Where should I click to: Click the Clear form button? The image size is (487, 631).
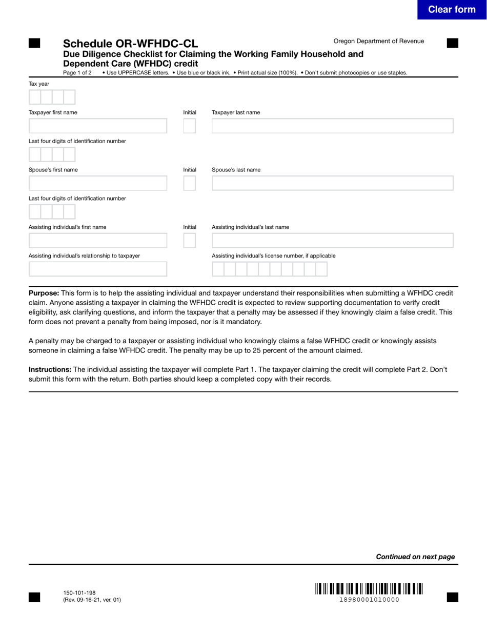pyautogui.click(x=451, y=10)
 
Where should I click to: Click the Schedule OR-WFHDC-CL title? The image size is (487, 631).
pyautogui.click(x=130, y=44)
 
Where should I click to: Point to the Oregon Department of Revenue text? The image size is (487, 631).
pyautogui.click(x=378, y=41)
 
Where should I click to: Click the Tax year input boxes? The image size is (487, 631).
pyautogui.click(x=52, y=97)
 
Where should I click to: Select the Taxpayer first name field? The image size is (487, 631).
pyautogui.click(x=97, y=126)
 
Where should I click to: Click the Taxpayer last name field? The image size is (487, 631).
pyautogui.click(x=332, y=126)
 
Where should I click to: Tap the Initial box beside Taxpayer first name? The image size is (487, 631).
pyautogui.click(x=189, y=126)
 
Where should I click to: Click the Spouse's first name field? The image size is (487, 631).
pyautogui.click(x=97, y=183)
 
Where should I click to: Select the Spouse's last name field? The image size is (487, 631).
pyautogui.click(x=332, y=183)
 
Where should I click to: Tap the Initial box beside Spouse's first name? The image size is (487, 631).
pyautogui.click(x=189, y=183)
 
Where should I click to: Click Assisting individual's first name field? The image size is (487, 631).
pyautogui.click(x=97, y=241)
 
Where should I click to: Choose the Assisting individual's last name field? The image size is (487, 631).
pyautogui.click(x=332, y=241)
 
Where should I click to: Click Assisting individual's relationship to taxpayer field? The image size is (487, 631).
pyautogui.click(x=97, y=269)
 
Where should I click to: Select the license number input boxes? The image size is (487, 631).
pyautogui.click(x=270, y=269)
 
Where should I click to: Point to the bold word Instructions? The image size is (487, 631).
pyautogui.click(x=50, y=369)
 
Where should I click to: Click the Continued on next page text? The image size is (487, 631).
pyautogui.click(x=415, y=557)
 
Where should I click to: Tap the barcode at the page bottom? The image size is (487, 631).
pyautogui.click(x=369, y=588)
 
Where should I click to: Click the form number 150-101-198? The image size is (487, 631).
pyautogui.click(x=79, y=593)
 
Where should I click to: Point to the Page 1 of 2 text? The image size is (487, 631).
pyautogui.click(x=77, y=73)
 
